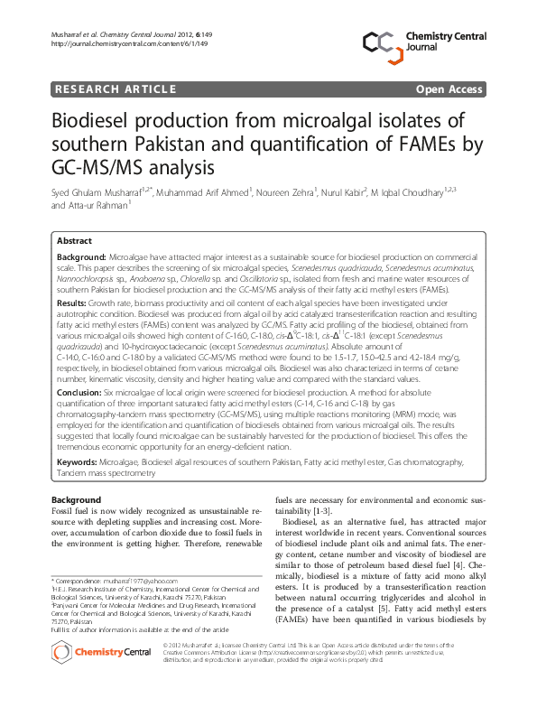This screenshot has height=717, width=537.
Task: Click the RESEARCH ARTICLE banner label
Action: pyautogui.click(x=115, y=88)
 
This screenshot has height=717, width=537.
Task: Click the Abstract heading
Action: pyautogui.click(x=74, y=241)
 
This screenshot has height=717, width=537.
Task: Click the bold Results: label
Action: pyautogui.click(x=72, y=305)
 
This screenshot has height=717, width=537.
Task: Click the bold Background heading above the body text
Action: pyautogui.click(x=76, y=499)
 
